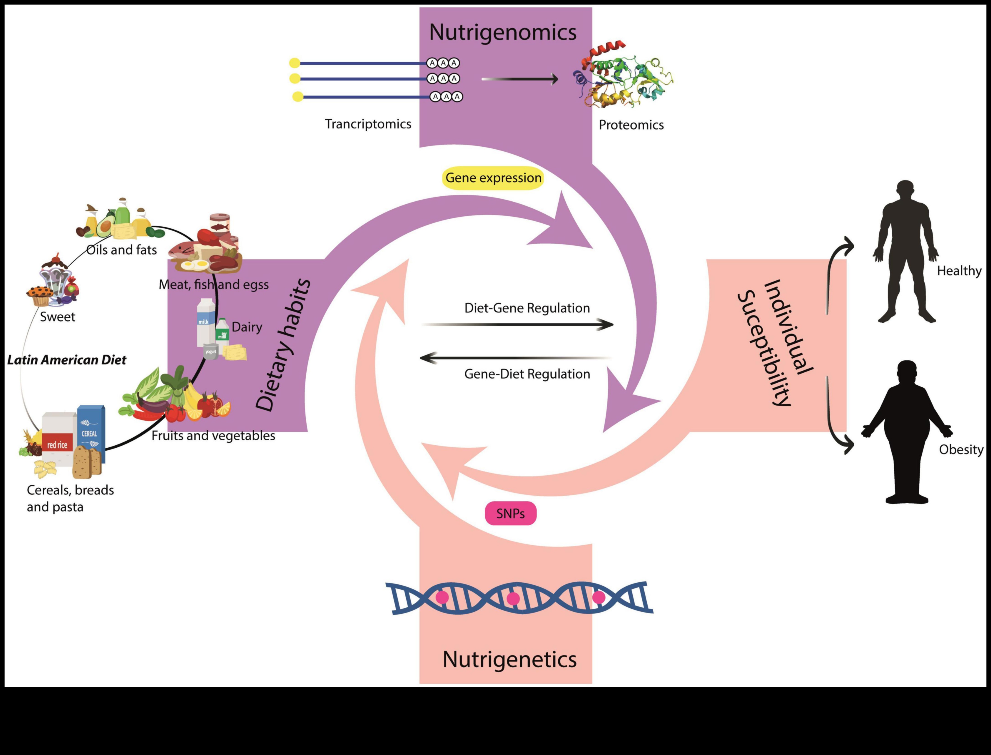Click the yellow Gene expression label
pos(493,178)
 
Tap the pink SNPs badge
pos(510,513)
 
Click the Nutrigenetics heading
pos(509,659)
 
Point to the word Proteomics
pos(631,125)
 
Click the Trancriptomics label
pos(368,124)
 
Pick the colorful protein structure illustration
pos(623,76)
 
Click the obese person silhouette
pos(906,431)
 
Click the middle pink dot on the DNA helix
pos(513,598)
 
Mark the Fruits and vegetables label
pos(213,436)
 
